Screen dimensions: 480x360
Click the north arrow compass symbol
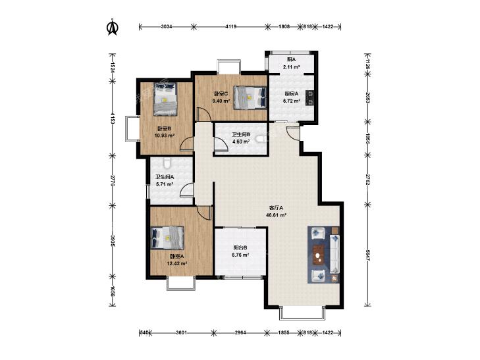pos(113,27)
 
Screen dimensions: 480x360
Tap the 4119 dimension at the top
pos(231,27)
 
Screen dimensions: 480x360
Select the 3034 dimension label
pos(166,27)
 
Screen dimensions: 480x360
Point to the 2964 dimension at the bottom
pos(240,333)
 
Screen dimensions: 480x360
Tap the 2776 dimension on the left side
pos(113,181)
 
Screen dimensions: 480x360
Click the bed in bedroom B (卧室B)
pos(165,99)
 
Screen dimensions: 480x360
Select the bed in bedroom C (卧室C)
pos(250,97)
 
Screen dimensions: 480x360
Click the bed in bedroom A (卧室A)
pos(167,238)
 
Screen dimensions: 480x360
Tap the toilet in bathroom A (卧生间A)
pos(167,164)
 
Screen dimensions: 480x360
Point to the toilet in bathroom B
pos(261,140)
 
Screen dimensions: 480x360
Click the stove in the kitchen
pos(310,98)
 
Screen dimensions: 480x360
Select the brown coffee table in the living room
pos(319,255)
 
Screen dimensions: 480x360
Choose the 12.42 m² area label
pos(177,263)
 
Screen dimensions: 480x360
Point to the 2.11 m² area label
pos(291,66)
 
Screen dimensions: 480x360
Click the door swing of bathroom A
pos(186,189)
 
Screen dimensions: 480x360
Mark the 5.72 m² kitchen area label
pos(291,101)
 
